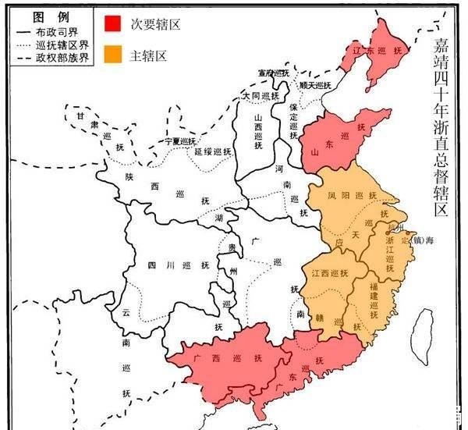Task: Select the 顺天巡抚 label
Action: pos(315,84)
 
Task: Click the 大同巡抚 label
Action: pos(260,95)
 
